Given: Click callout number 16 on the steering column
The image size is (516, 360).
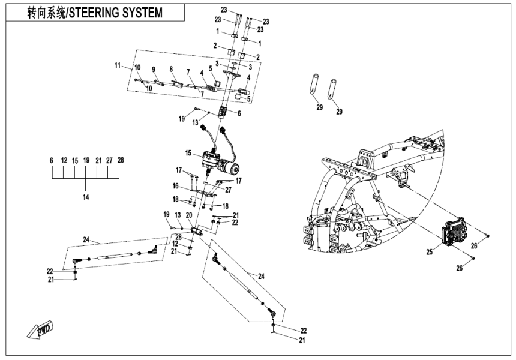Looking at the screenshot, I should tap(176, 187).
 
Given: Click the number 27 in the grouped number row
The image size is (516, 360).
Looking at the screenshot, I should tap(109, 161).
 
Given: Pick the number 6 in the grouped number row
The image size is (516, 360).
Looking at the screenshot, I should tap(52, 161).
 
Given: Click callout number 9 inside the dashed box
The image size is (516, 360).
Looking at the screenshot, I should tap(154, 69).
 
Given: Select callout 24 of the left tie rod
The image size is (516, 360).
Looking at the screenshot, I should tap(86, 240).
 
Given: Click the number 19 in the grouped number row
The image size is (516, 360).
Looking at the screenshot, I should tap(86, 161).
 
